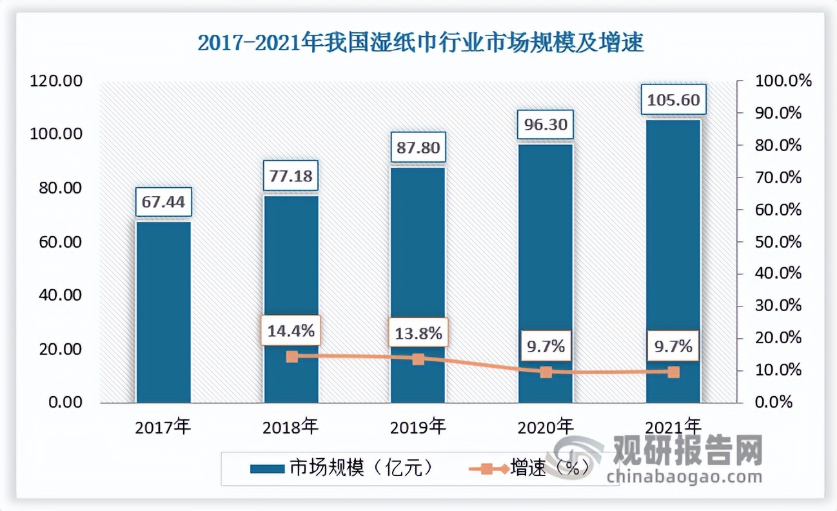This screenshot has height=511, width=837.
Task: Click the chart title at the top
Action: coord(420,44)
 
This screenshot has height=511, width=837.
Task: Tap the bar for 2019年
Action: coord(418,284)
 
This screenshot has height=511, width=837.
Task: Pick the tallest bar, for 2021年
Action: coord(673,261)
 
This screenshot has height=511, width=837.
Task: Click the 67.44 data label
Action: coord(163,203)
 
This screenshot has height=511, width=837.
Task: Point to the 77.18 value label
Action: coord(291,175)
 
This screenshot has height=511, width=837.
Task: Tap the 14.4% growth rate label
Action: coord(291,331)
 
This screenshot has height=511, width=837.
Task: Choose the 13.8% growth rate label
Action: coord(418,334)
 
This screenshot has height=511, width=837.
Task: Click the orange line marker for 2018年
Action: coord(291,357)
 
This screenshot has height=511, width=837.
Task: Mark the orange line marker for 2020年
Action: coord(546,372)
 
